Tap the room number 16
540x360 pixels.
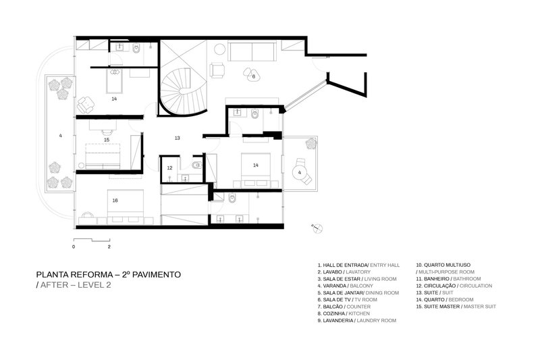pyautogui.click(x=115, y=200)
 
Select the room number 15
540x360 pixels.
pyautogui.click(x=107, y=140)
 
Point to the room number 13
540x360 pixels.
pyautogui.click(x=177, y=138)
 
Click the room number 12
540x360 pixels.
pyautogui.click(x=170, y=168)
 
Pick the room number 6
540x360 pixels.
pyautogui.click(x=253, y=76)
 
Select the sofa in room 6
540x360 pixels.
pyautogui.click(x=251, y=51)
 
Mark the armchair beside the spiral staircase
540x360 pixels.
pyautogui.click(x=217, y=70)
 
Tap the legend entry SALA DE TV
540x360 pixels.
pyautogui.click(x=341, y=299)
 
